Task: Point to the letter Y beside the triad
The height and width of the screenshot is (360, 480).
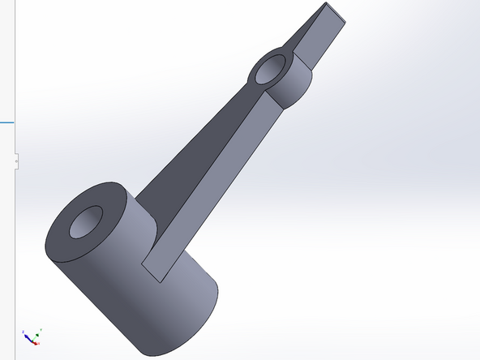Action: coord(41,329)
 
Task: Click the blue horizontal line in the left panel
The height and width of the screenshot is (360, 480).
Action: coord(6,122)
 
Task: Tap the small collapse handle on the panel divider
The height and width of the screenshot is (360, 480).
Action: coord(16,161)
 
